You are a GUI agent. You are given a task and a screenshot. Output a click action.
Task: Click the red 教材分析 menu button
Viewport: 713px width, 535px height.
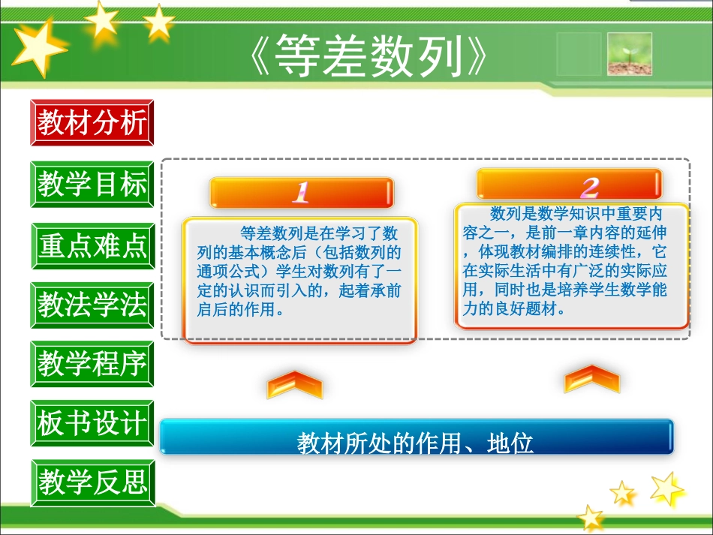[x=92, y=122]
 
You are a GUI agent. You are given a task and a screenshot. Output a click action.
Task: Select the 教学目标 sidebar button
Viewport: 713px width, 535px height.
[x=92, y=184]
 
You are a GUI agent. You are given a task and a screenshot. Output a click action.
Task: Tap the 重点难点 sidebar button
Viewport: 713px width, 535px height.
[x=92, y=246]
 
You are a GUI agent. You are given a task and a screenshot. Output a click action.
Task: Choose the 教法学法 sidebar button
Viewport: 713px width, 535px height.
[x=92, y=305]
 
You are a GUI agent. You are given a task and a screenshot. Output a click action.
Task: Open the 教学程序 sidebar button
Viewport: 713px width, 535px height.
[x=92, y=364]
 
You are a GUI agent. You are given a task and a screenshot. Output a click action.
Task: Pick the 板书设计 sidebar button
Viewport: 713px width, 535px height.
[x=92, y=422]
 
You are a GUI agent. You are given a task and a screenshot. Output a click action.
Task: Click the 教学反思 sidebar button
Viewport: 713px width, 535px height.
[x=92, y=482]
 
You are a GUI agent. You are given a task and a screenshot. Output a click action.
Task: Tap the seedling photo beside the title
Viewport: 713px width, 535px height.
[x=629, y=53]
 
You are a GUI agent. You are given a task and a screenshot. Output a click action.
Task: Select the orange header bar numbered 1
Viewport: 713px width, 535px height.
[x=301, y=192]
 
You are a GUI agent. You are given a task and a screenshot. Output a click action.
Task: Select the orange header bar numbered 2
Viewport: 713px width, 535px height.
[x=570, y=185]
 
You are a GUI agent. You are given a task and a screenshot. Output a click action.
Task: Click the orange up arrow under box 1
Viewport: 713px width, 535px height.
[x=294, y=384]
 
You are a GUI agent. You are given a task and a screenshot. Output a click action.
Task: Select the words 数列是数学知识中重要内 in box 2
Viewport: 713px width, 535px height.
[x=576, y=214]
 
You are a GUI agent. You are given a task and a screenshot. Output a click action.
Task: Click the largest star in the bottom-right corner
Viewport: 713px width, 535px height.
[x=666, y=488]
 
